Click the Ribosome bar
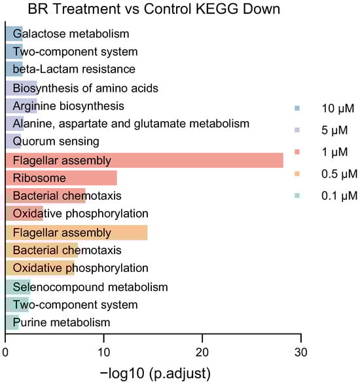(61, 178)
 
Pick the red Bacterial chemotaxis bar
(45, 196)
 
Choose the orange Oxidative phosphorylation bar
(40, 268)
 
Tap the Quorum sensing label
(56, 142)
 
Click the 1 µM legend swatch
(297, 151)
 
